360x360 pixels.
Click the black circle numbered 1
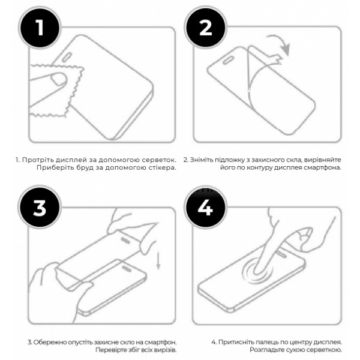point(40,28)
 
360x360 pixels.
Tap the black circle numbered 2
point(206,28)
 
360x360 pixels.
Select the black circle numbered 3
point(40,208)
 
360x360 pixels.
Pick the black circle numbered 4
point(206,208)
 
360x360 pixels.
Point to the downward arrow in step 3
point(158,260)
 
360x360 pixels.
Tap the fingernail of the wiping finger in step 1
point(59,79)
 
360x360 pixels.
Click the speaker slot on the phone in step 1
point(67,58)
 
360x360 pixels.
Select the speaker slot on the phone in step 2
point(229,61)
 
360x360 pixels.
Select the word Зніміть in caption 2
point(199,160)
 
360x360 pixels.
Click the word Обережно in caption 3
point(47,343)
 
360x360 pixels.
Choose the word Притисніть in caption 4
point(233,343)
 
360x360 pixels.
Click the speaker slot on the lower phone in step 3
point(127,269)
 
